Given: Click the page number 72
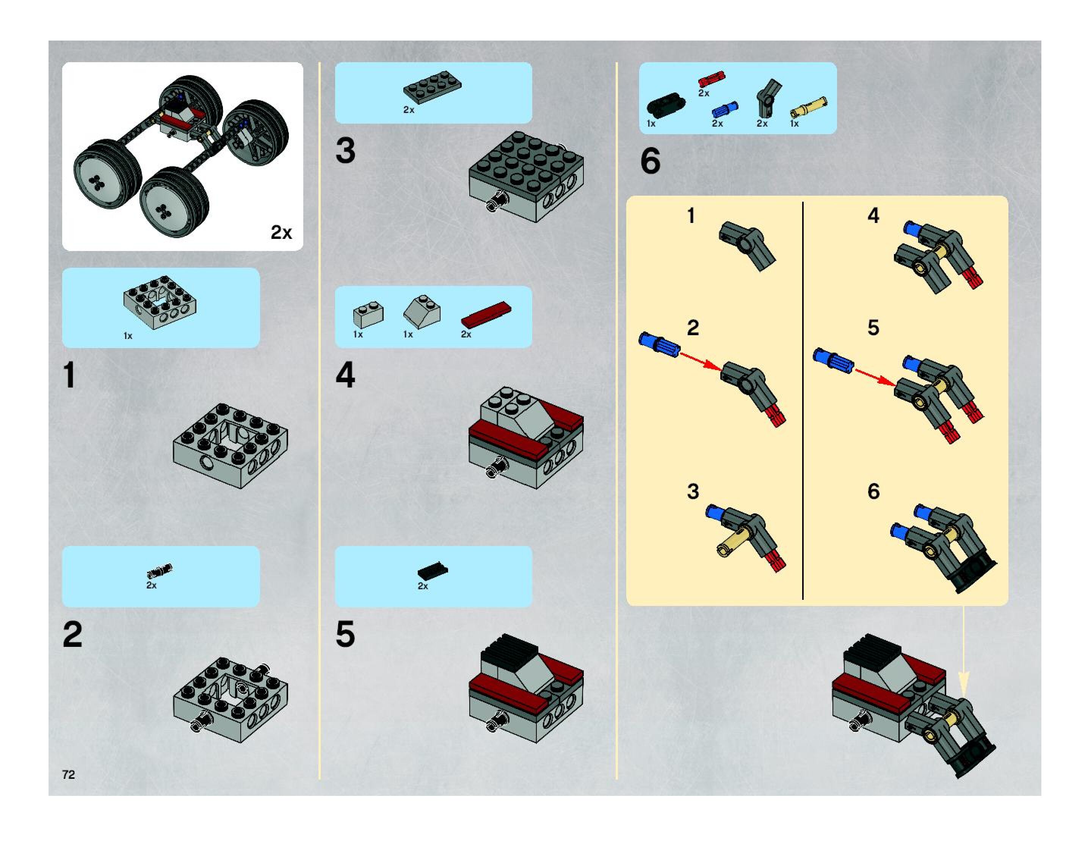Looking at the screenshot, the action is point(69,774).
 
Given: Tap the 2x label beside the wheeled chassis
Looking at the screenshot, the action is point(281,232).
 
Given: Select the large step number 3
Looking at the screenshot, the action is point(345,151).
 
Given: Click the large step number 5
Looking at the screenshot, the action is point(345,634).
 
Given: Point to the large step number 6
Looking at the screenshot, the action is point(650,161).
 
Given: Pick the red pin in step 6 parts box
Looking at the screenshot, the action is point(712,80).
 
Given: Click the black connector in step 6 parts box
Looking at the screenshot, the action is point(666,105).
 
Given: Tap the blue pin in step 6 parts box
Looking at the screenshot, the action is point(725,110).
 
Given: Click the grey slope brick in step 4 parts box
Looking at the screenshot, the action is point(422,311).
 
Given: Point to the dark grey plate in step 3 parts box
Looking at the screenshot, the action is point(433,87).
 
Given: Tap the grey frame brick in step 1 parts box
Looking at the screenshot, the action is point(160,302).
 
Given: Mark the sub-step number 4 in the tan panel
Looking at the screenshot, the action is point(873,215).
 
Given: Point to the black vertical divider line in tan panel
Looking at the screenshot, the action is point(803,400).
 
